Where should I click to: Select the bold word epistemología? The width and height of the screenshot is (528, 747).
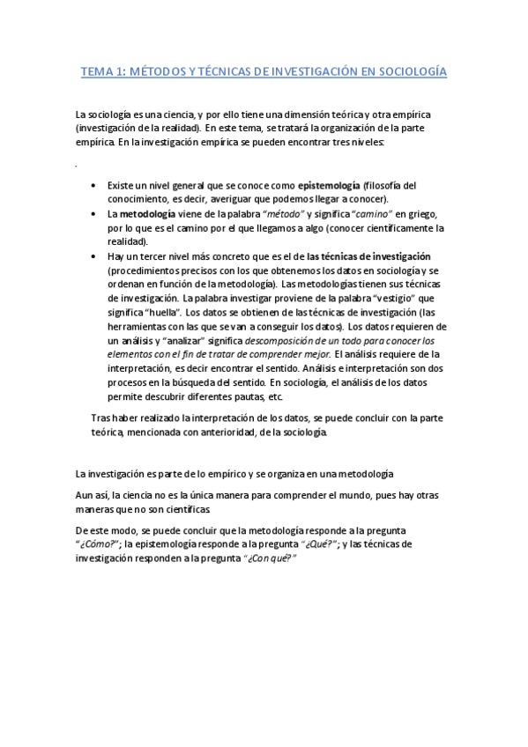point(329,186)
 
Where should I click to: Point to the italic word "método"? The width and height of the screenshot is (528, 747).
point(279,214)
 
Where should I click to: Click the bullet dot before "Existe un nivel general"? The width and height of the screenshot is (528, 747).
point(94,187)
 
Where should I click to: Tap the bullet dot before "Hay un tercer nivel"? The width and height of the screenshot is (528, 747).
point(94,256)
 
